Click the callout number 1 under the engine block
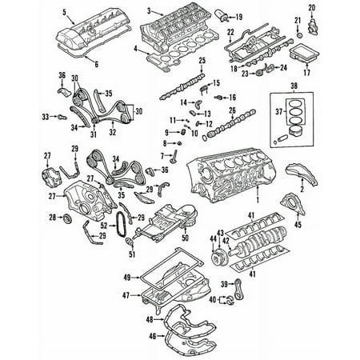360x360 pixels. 258,199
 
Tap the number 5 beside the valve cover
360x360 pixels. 64,12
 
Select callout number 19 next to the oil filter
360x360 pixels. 239,17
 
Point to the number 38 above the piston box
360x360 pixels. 294,86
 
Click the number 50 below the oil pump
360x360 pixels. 185,238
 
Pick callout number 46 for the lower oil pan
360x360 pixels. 152,336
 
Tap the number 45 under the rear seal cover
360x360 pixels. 298,225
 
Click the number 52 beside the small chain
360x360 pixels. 104,226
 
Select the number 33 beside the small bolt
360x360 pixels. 46,117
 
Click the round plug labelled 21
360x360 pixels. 300,36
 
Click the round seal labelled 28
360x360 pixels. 66,218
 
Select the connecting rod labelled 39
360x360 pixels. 238,290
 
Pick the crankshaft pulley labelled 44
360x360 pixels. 218,257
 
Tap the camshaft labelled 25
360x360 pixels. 182,86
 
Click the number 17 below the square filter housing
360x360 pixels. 306,72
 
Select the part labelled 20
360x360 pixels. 312,27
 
